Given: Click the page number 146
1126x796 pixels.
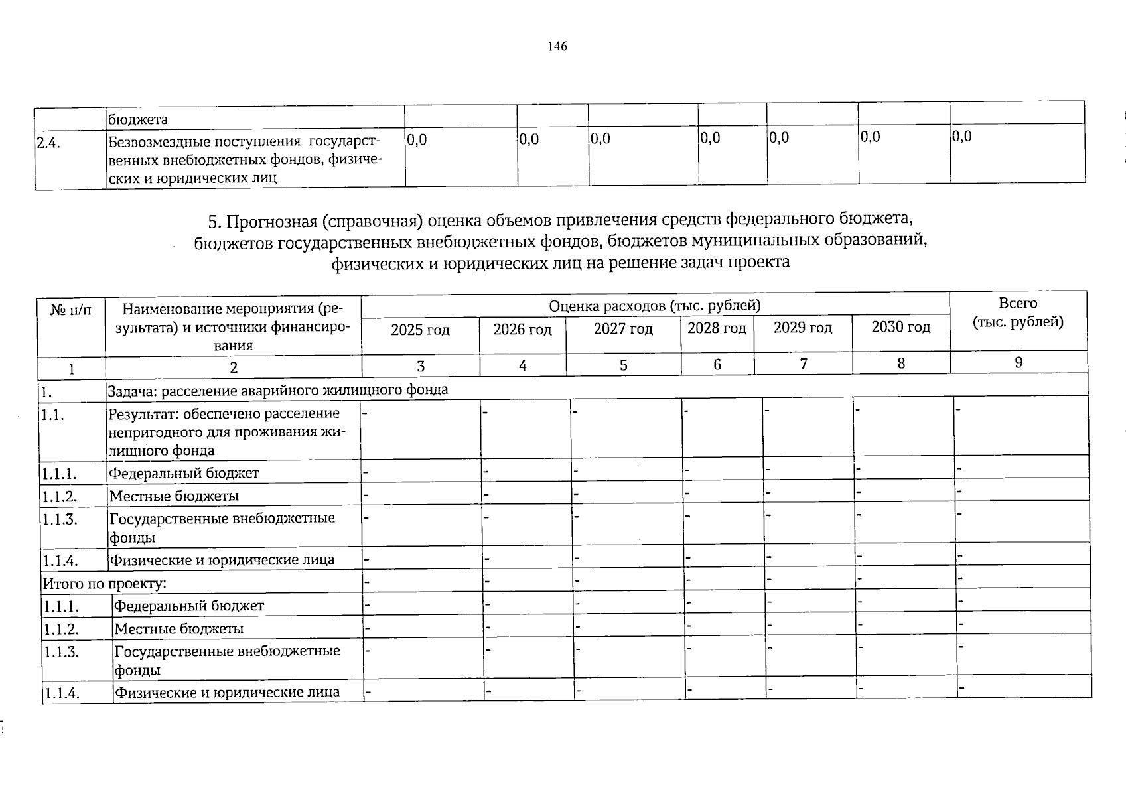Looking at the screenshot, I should [557, 46].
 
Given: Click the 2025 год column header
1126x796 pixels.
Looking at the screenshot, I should [420, 330].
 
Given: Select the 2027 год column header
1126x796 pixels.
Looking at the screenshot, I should [623, 329].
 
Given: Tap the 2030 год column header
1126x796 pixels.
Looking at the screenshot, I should [900, 327].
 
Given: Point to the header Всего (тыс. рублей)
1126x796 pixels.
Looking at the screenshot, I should [1018, 312].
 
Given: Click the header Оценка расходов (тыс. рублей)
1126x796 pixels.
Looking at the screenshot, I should [654, 306].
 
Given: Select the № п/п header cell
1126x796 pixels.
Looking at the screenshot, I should [71, 309].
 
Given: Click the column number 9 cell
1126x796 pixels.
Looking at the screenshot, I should [1019, 362].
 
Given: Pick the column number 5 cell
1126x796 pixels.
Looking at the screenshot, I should [623, 365].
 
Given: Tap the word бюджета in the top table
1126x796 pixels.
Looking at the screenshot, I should [138, 120].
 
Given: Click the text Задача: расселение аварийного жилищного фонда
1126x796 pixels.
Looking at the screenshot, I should [278, 390].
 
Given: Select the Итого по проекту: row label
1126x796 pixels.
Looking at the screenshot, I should [104, 584].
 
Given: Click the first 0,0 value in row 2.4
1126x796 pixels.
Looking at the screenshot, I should [417, 140].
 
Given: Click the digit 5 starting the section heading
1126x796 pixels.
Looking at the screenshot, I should [212, 220].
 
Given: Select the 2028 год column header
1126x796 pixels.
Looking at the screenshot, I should [717, 328].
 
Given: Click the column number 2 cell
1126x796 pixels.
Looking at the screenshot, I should [233, 367].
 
